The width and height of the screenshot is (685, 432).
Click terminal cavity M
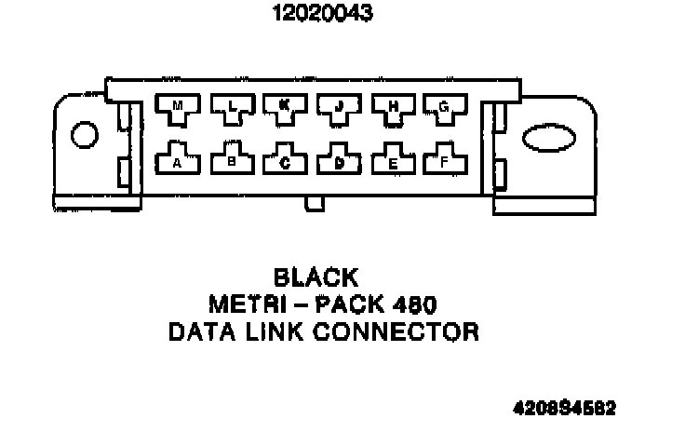coord(178,109)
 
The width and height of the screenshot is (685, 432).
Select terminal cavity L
coord(232,109)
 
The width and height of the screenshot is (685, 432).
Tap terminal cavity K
coord(285,109)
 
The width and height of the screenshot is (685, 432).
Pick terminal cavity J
coord(338,109)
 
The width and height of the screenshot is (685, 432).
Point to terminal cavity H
coord(392,109)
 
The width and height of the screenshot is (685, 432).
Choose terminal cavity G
coord(445,109)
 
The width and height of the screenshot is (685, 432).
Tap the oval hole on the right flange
coord(547,141)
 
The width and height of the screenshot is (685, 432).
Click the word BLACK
coord(316,277)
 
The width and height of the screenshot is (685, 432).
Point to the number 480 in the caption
coord(413,304)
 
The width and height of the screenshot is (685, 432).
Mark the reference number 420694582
coord(564,408)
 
